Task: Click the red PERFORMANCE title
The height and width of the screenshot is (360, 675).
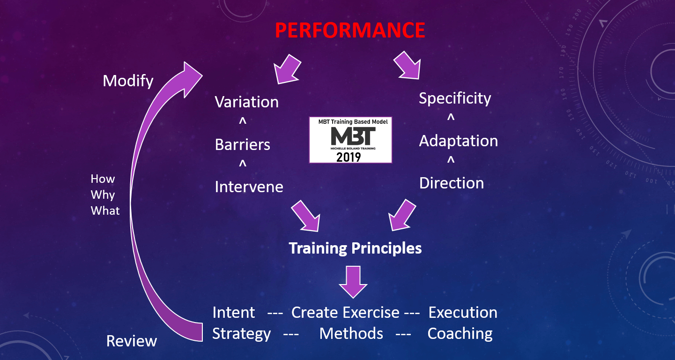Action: tap(350, 30)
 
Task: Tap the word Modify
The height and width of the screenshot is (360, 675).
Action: tap(128, 82)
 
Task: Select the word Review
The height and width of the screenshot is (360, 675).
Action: tap(132, 341)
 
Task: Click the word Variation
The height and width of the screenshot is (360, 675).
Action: tap(246, 102)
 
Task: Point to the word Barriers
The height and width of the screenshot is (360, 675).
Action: tap(242, 144)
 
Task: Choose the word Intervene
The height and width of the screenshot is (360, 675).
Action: tap(249, 187)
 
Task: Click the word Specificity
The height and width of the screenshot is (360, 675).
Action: tap(455, 98)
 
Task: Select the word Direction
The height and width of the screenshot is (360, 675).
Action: tap(452, 183)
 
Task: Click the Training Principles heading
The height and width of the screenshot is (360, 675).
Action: tap(355, 248)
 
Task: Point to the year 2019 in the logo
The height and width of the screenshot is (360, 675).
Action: tap(349, 157)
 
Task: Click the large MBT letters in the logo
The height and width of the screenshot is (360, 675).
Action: tap(353, 136)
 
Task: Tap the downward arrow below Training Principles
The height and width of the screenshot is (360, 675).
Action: tap(353, 282)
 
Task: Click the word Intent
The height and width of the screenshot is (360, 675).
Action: tap(234, 312)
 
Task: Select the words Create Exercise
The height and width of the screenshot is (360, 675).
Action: tap(345, 312)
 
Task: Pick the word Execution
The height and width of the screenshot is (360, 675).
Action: tap(463, 312)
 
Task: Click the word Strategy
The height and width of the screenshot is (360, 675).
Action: tap(241, 334)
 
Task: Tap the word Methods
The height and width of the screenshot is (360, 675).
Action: tap(351, 333)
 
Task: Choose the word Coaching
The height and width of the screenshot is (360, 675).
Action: tap(460, 334)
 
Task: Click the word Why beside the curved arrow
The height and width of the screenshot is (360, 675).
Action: tap(103, 195)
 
